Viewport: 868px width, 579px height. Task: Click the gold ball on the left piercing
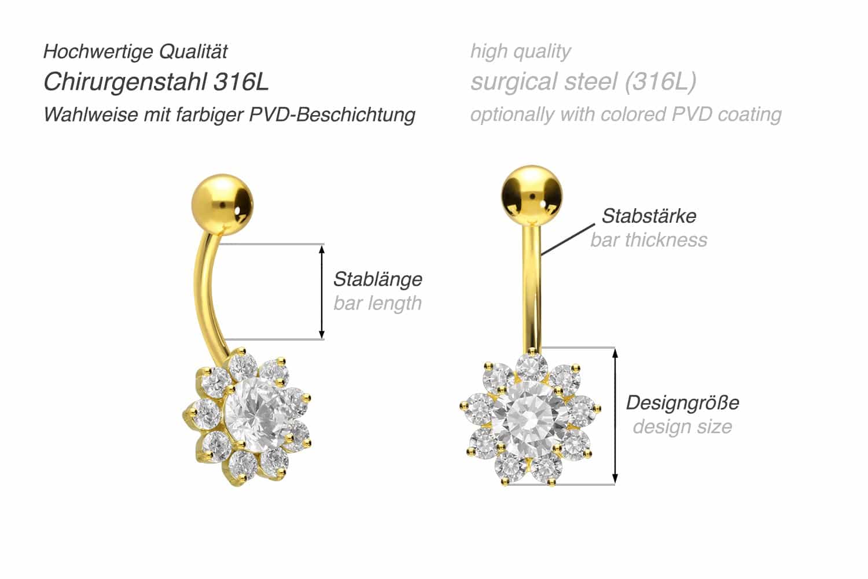(222, 205)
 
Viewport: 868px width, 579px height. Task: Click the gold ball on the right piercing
(531, 196)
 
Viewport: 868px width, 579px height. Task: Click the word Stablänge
(378, 279)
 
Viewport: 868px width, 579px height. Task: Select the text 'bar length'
(378, 303)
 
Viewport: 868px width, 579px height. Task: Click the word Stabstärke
(649, 216)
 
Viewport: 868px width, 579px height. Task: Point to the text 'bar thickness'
(649, 240)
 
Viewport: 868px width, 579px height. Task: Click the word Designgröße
(683, 403)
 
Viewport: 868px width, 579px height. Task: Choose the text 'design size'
(683, 427)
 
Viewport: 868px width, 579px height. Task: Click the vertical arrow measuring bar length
(322, 292)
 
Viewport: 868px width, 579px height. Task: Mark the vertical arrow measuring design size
(615, 416)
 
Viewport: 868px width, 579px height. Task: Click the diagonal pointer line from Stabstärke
(568, 239)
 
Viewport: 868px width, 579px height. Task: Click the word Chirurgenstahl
(125, 82)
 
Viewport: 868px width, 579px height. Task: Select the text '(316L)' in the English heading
(661, 82)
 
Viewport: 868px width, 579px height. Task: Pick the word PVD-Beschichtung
(332, 115)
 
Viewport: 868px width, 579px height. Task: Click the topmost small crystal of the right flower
(532, 367)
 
